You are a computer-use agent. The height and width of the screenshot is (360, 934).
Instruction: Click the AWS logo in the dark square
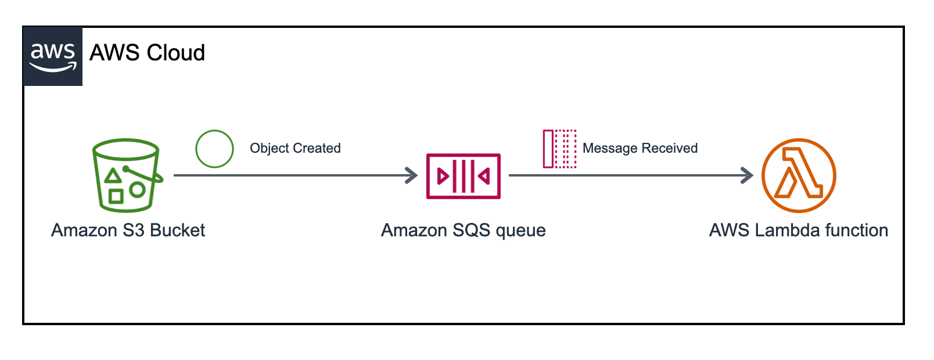point(53,57)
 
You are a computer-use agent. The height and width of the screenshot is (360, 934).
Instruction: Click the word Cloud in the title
point(176,53)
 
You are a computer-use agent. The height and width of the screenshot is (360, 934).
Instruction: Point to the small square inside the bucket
point(116,196)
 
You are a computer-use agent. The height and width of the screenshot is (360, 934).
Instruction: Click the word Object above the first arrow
point(270,148)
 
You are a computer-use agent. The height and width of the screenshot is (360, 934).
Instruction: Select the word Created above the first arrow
point(317,148)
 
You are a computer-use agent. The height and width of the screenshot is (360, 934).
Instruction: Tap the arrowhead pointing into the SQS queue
point(412,175)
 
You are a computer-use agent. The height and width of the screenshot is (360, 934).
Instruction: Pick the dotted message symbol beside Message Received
point(559,149)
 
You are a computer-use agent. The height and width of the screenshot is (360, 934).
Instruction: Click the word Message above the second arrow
point(610,148)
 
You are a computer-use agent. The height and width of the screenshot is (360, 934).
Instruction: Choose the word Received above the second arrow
point(670,148)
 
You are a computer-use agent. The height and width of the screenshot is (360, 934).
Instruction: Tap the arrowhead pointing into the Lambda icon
point(747,175)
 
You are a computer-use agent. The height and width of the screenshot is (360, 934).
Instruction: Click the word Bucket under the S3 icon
point(178,230)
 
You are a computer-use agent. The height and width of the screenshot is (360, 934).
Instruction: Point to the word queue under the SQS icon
point(521,231)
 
